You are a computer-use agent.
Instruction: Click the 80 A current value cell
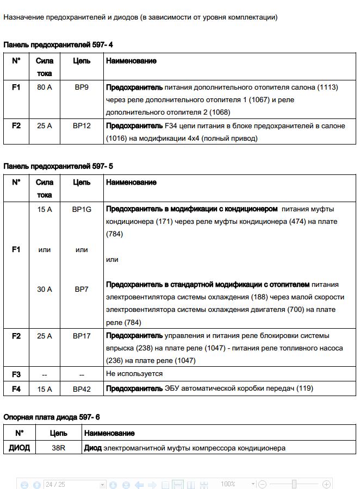45,87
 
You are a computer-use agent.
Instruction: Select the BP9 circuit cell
82,87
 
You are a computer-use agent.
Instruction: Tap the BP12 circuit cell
82,126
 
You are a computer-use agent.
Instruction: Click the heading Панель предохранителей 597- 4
58,45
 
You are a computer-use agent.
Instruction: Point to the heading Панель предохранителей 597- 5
58,166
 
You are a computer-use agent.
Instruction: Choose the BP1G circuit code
82,209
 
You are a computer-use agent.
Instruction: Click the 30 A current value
45,289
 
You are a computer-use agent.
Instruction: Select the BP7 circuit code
82,289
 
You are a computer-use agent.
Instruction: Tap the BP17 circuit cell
82,336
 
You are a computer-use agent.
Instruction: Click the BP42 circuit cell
82,389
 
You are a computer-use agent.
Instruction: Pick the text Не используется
134,374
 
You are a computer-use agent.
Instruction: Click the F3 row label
16,374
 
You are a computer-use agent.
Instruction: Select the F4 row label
16,389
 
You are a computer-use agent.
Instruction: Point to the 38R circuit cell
58,448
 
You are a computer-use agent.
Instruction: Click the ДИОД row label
19,448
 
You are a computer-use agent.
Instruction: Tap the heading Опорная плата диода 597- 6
52,417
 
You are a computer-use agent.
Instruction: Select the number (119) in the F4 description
305,388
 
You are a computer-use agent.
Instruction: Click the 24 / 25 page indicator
55,484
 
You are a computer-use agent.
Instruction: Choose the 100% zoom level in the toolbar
228,484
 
